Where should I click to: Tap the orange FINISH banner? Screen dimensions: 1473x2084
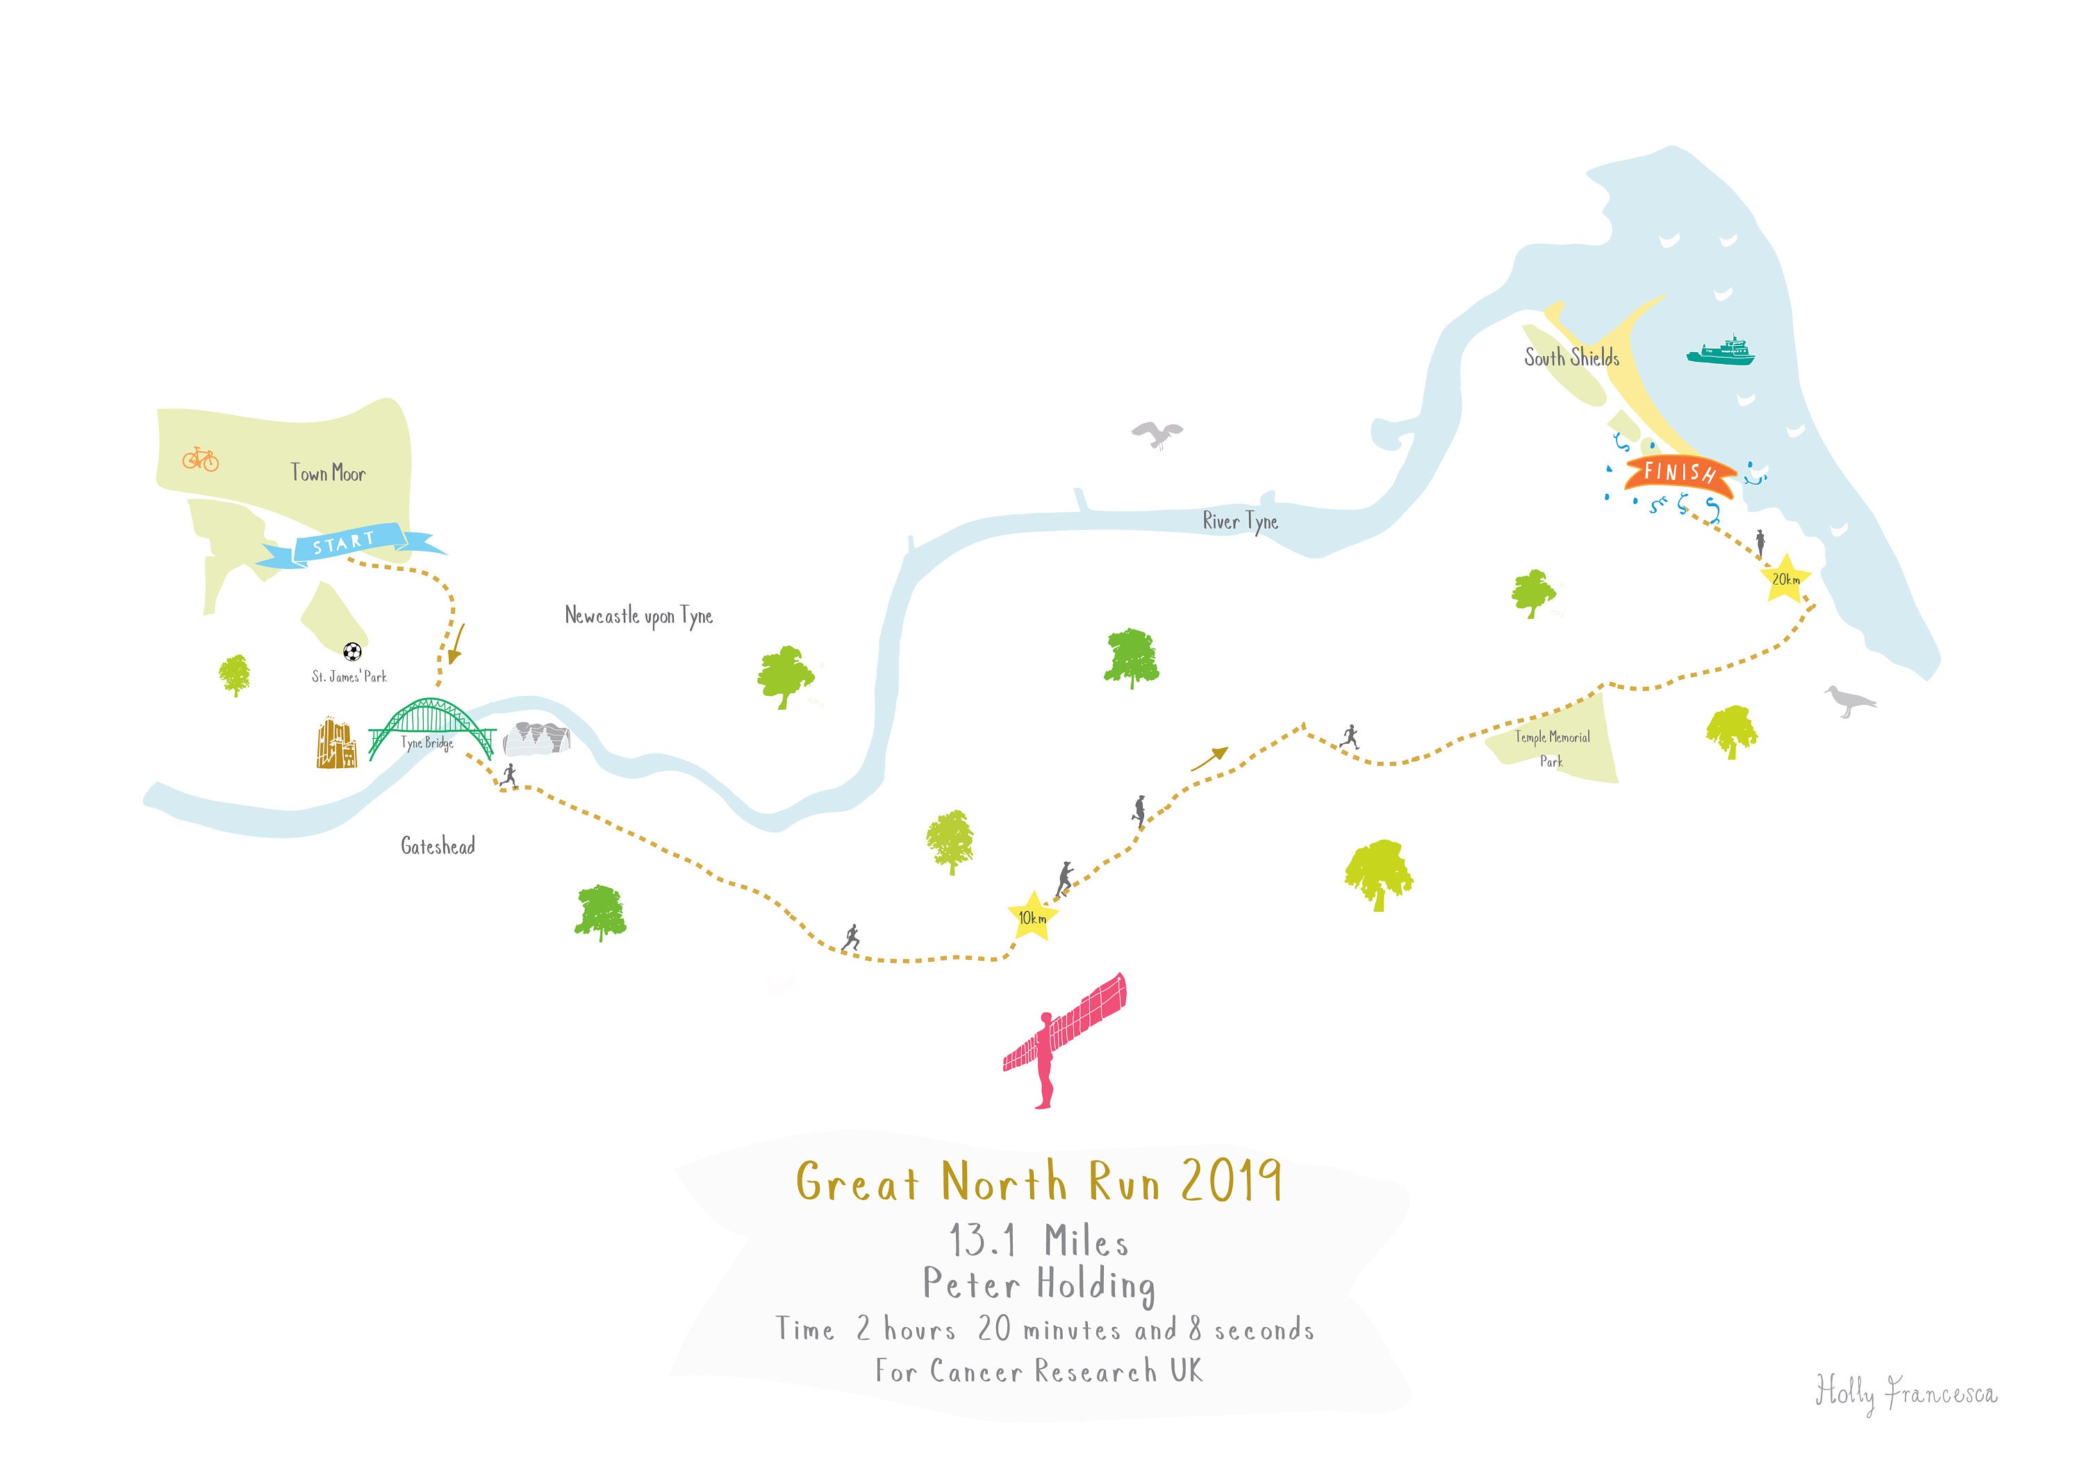[1679, 474]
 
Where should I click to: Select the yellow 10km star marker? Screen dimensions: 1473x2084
[1032, 917]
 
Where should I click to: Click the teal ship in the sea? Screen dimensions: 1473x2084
[1721, 351]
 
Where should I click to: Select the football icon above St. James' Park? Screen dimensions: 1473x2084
[352, 651]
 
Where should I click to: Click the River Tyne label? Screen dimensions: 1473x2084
[1240, 522]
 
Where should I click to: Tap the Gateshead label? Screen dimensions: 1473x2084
[438, 846]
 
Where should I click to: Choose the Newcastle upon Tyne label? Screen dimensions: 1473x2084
[638, 616]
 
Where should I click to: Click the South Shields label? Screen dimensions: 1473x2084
[1571, 358]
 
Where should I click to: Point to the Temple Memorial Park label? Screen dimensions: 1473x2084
[1552, 749]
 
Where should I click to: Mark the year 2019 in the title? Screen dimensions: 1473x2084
[1231, 1182]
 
